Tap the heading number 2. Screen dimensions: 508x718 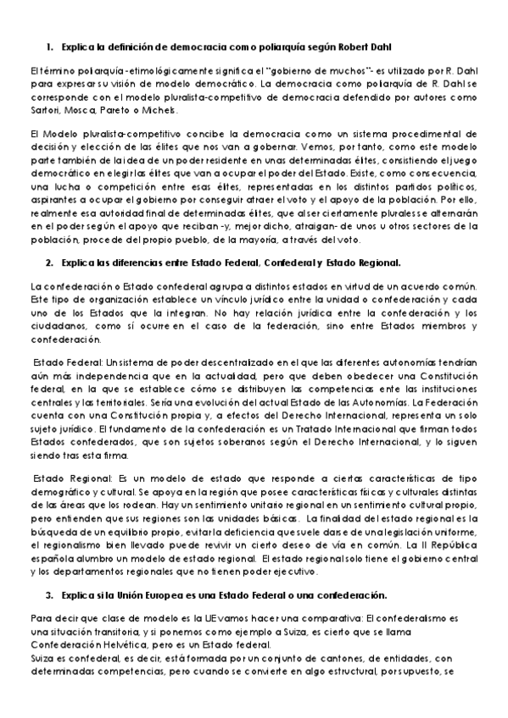tap(50, 262)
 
